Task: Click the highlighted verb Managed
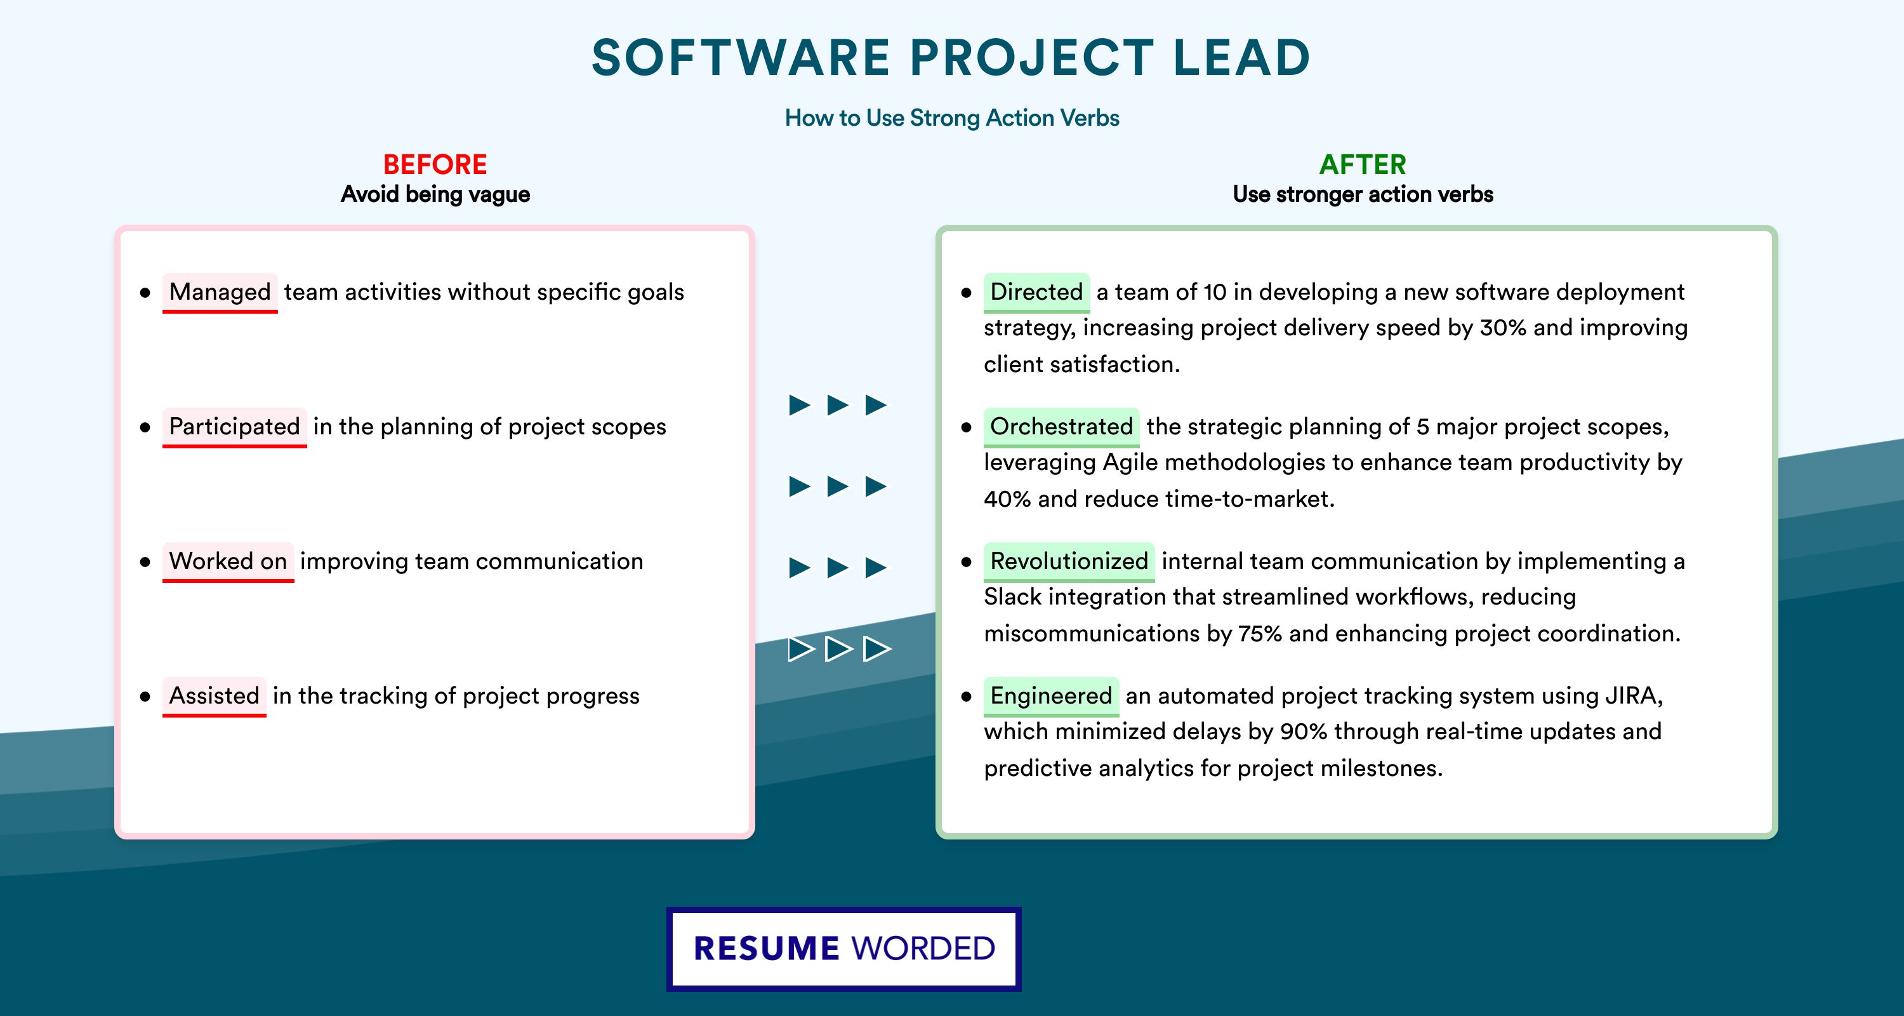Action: tap(220, 292)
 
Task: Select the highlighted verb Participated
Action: tap(234, 427)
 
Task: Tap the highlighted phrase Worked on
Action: tap(228, 561)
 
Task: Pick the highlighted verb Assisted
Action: tap(214, 696)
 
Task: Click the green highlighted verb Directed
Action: tap(1036, 292)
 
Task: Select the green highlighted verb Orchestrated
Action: tap(1061, 427)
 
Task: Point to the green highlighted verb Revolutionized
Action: tap(1069, 561)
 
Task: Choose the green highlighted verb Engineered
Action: tap(1051, 696)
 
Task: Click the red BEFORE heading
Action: tap(435, 164)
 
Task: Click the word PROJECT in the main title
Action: tap(1032, 58)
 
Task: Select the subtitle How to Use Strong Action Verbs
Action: tap(952, 118)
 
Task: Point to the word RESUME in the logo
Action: tap(767, 949)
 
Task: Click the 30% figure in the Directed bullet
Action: tap(1503, 328)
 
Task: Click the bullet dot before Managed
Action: tap(145, 293)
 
